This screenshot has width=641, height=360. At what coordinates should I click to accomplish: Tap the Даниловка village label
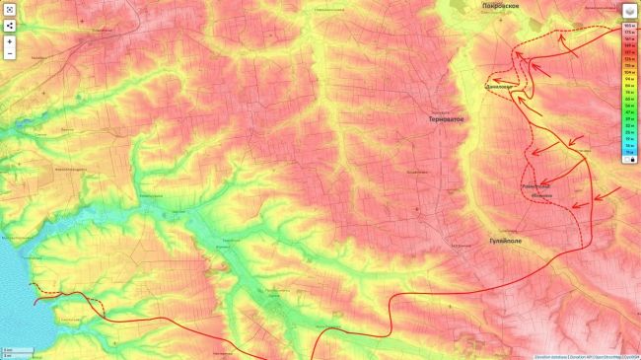coord(500,86)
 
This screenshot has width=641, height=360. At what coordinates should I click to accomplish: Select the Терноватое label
coord(447,118)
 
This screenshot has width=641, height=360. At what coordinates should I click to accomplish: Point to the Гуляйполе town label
coord(505,241)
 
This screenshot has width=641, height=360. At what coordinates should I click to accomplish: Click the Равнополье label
coord(536,185)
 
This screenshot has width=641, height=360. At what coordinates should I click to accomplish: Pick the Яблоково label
coord(541,195)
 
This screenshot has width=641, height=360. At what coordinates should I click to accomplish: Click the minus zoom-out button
coord(9,54)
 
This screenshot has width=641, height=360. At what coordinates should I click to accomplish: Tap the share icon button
coord(9,24)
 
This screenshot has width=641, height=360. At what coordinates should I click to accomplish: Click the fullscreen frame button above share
coord(9,9)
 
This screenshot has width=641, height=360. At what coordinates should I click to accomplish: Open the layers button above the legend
coord(629,8)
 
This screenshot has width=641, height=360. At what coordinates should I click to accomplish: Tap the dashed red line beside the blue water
coord(69,294)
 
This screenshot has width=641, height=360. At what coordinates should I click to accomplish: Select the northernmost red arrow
coord(564,40)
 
